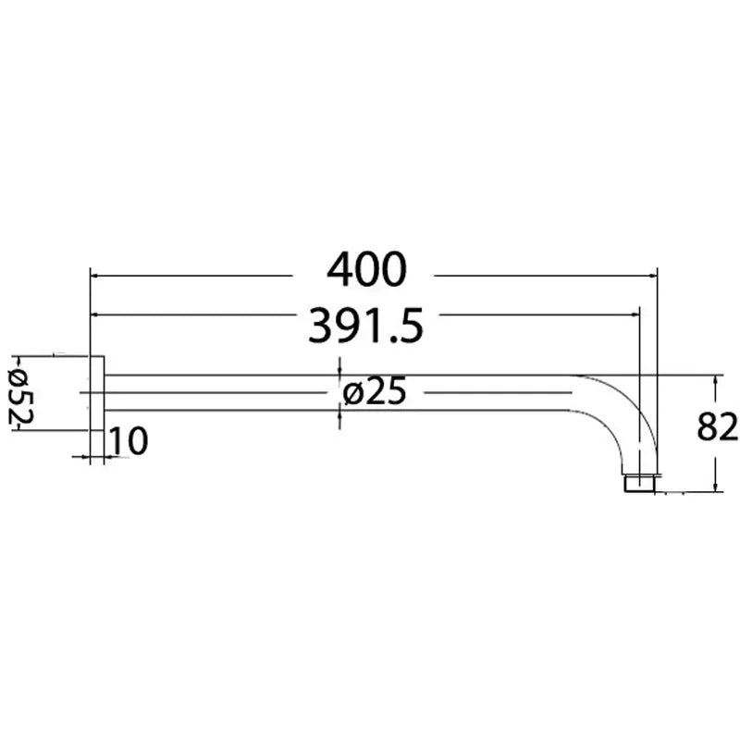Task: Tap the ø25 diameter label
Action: pyautogui.click(x=375, y=393)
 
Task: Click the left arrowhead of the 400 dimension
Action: pyautogui.click(x=95, y=275)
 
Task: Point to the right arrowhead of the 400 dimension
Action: pyautogui.click(x=650, y=275)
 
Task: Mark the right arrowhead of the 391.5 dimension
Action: pyautogui.click(x=635, y=315)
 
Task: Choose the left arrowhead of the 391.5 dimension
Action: pyautogui.click(x=95, y=315)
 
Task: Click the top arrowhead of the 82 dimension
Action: pyautogui.click(x=715, y=379)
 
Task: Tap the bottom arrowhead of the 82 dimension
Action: pyautogui.click(x=715, y=487)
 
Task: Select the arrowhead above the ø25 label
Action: pyautogui.click(x=340, y=369)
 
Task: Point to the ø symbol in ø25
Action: pyautogui.click(x=352, y=394)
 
